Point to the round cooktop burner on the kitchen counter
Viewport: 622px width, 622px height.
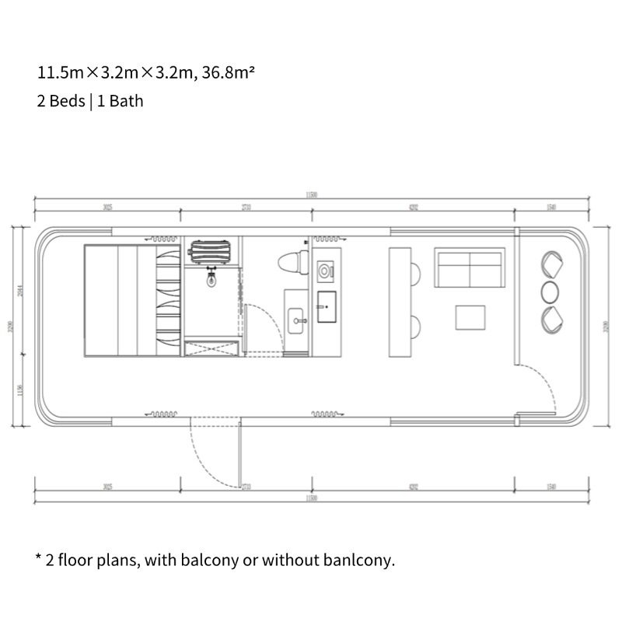tap(326, 270)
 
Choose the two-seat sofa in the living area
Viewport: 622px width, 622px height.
tap(470, 268)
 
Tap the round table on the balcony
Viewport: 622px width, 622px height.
tap(550, 291)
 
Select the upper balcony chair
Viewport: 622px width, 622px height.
tap(550, 264)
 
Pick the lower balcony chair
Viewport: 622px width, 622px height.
tap(550, 317)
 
